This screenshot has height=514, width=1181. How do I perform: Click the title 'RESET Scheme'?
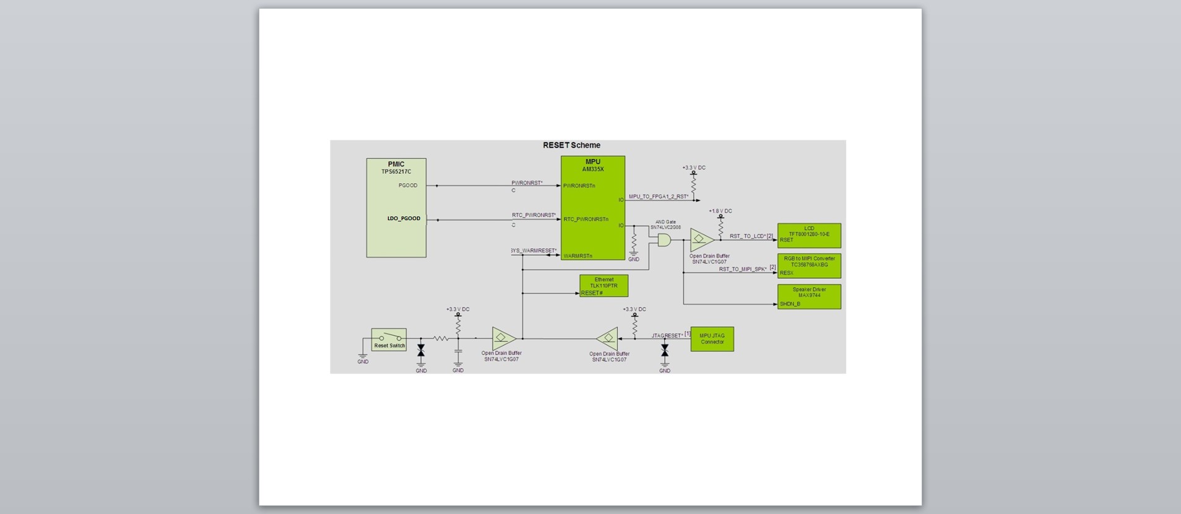pos(571,145)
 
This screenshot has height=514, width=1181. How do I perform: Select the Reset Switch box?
pos(389,340)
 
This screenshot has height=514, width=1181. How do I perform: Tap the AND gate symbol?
pos(664,240)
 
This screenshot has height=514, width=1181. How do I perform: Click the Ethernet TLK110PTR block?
pos(603,286)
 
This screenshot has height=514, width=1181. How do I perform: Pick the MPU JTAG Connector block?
pos(712,339)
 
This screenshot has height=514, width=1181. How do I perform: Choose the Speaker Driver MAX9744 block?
pos(809,297)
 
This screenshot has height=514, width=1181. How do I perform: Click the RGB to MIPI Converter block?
pos(809,265)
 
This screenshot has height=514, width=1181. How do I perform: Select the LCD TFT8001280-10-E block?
pos(809,235)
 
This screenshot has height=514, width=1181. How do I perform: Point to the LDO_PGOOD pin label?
pos(404,218)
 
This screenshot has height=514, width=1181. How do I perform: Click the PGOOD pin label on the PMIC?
pos(408,186)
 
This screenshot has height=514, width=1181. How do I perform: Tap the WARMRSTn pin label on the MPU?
pos(578,256)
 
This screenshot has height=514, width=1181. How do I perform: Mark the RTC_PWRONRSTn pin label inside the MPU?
pos(586,220)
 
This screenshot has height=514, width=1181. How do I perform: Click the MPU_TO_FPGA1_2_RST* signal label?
pos(659,197)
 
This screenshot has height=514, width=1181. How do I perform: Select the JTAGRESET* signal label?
pos(667,336)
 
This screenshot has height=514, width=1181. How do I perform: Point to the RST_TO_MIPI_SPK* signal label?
pos(743,269)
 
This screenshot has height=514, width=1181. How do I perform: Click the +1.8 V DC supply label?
pos(720,211)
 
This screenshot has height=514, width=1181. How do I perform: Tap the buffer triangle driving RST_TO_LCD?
pos(701,239)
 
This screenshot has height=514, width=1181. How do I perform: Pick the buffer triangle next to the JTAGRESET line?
pos(607,338)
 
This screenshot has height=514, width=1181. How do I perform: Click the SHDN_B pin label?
pos(790,304)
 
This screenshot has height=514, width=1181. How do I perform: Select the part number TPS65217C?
pos(396,172)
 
